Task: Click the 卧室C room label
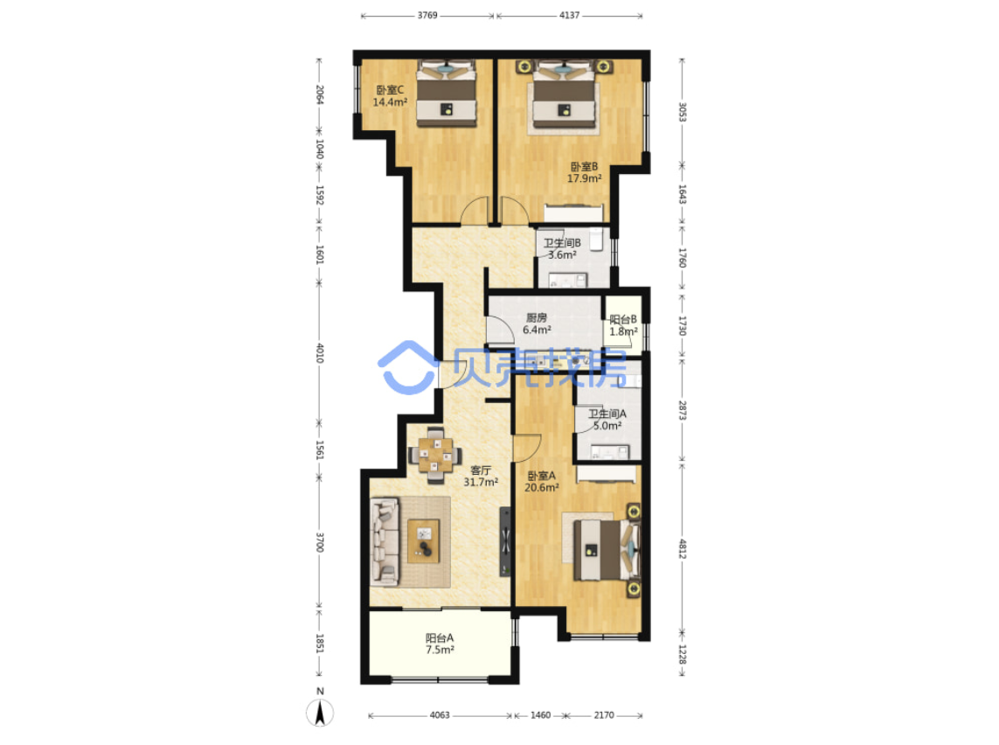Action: tap(390, 96)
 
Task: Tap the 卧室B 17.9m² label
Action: tap(584, 173)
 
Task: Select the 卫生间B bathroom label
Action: tap(562, 248)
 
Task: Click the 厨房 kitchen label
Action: tap(537, 324)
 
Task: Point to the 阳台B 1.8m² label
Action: tap(623, 325)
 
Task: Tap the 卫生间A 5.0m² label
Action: tap(607, 420)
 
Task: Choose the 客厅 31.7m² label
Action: tap(481, 476)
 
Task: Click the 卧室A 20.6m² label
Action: tap(542, 482)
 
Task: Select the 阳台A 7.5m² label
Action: tap(440, 644)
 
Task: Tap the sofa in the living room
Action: tap(385, 542)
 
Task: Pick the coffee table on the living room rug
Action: tap(424, 541)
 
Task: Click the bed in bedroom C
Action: tap(447, 93)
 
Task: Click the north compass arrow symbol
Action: tap(320, 712)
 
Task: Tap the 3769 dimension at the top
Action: tap(427, 15)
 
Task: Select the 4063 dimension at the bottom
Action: tap(440, 715)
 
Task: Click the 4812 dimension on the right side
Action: tap(683, 549)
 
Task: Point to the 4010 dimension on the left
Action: tap(320, 352)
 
